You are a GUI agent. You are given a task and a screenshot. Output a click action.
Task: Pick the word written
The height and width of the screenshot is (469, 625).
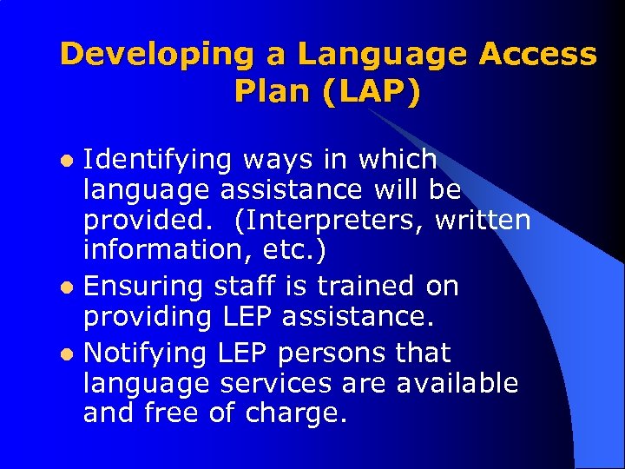483,221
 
